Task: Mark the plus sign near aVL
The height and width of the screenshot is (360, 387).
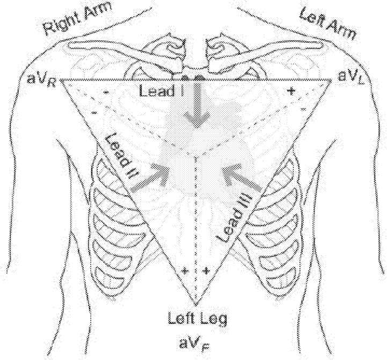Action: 291,91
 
